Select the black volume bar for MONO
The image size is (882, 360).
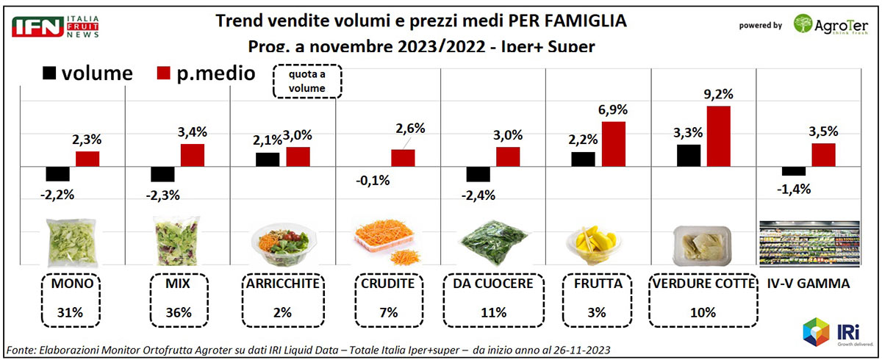pos(57,174)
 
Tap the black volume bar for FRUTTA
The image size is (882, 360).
pos(583,159)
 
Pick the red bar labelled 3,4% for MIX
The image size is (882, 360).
pos(193,156)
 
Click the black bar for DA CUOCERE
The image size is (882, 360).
pos(478,174)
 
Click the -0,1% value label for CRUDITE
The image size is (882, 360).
pos(374,181)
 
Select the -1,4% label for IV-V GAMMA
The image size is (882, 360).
pos(792,189)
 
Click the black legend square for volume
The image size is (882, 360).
pos(50,73)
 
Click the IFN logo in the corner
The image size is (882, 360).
pos(32,26)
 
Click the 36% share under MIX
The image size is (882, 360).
pos(179,312)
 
